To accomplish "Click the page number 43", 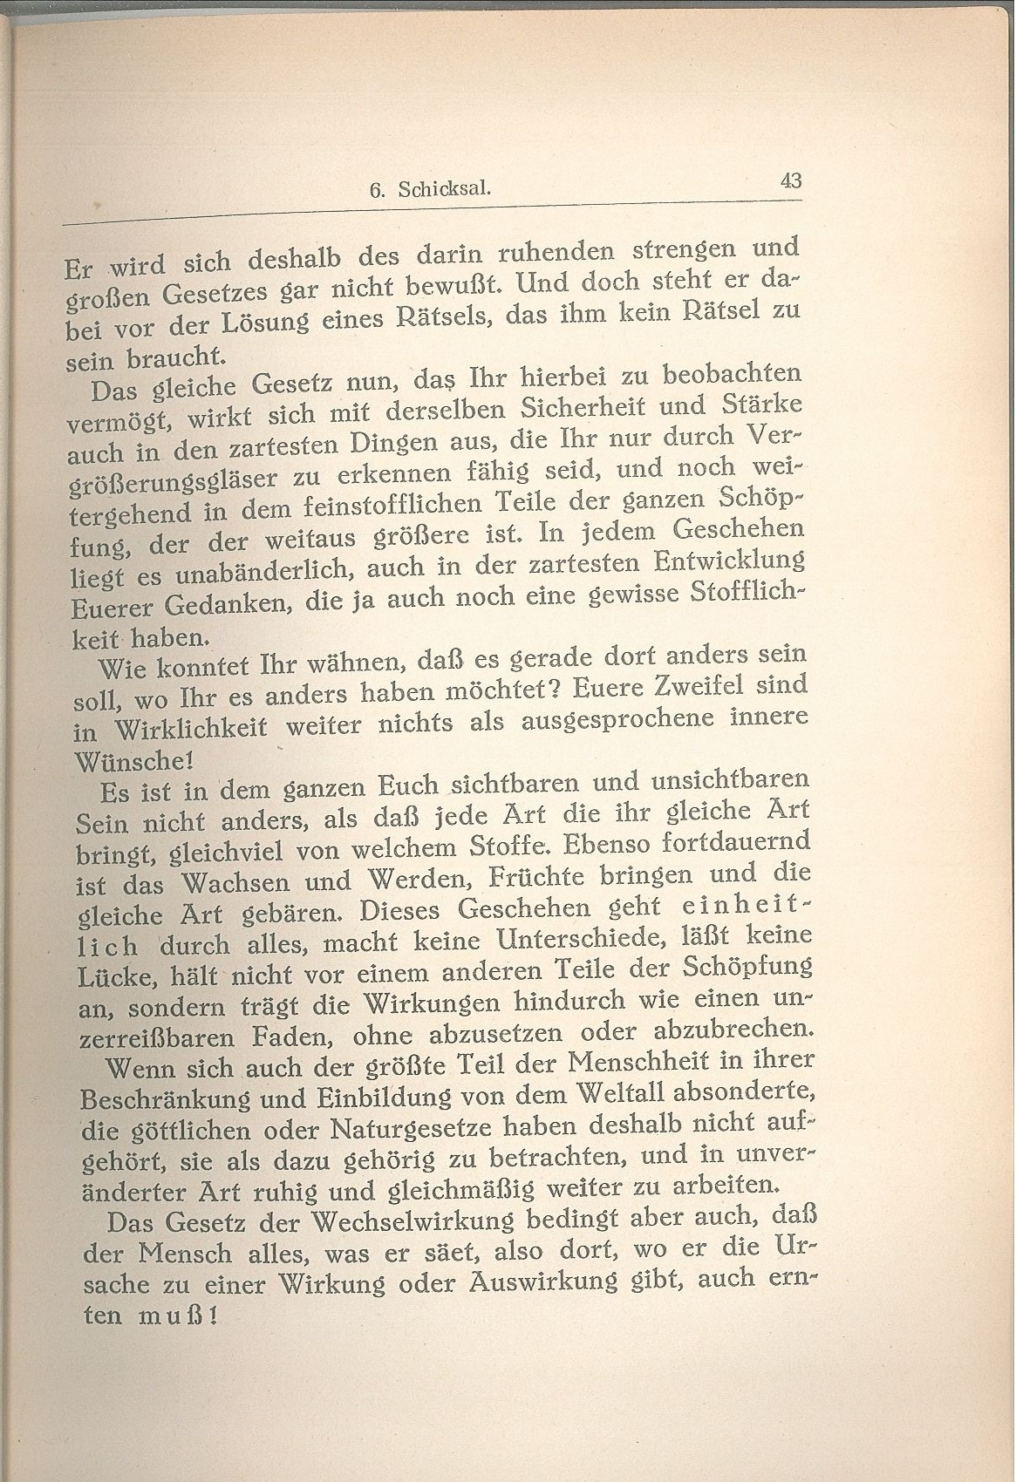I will pos(791,180).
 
